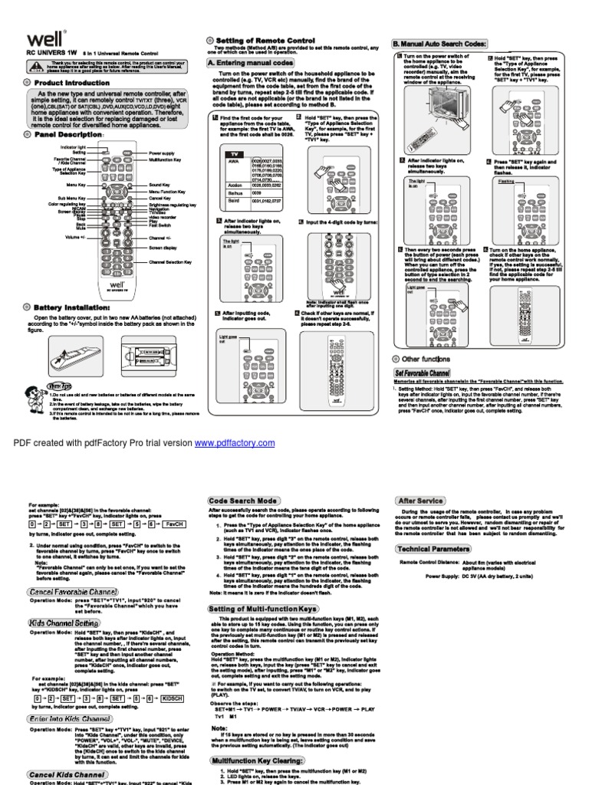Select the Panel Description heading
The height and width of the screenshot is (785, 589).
pos(68,134)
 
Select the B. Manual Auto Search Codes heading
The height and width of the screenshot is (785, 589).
pos(439,44)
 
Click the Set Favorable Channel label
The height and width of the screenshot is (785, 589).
pos(423,372)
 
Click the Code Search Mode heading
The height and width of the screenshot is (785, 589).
pos(245,501)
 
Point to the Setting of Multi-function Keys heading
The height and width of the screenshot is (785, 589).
pos(264,609)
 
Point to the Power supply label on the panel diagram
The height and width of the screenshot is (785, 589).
pos(161,153)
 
